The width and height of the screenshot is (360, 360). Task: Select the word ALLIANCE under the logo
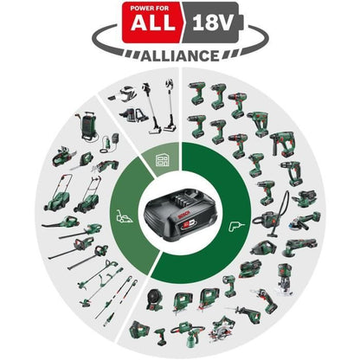point(179,54)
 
